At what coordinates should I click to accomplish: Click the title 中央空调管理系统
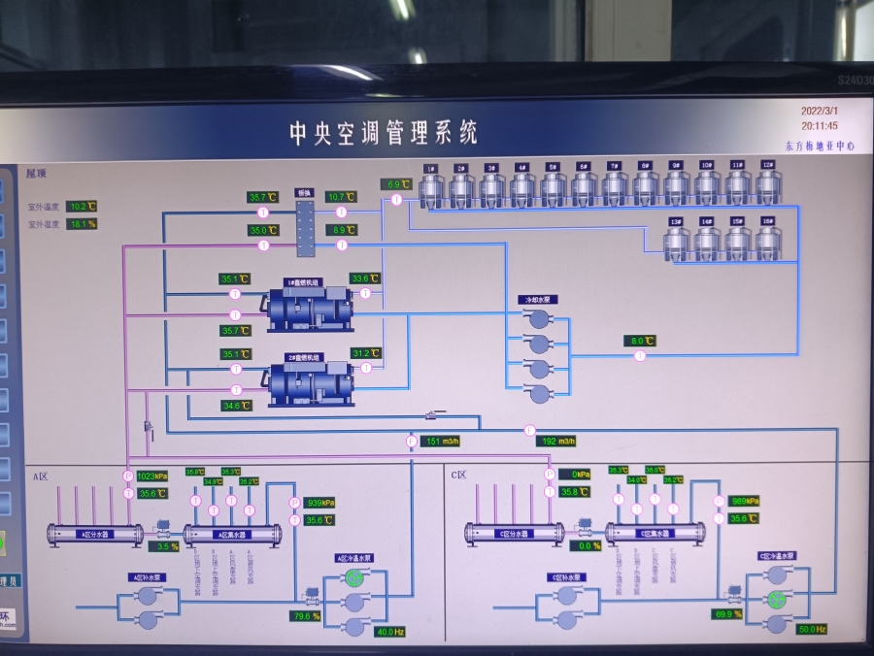coord(384,133)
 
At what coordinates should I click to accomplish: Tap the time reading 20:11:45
coord(819,126)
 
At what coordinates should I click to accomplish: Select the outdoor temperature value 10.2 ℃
coord(83,207)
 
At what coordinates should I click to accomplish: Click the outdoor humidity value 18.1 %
coord(83,224)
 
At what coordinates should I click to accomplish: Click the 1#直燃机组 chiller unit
coord(310,304)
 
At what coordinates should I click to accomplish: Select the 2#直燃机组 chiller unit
coord(310,381)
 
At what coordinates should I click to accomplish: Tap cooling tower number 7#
coord(614,185)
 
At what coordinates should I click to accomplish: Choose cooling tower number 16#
coord(768,242)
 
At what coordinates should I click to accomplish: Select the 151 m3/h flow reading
coord(441,442)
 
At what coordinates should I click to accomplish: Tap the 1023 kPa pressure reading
coord(152,476)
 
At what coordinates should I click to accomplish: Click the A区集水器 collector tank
coord(233,534)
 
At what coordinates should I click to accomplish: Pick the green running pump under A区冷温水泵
coord(354,576)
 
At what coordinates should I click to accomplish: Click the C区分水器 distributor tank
coord(514,533)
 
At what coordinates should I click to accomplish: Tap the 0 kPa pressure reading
coord(575,475)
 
